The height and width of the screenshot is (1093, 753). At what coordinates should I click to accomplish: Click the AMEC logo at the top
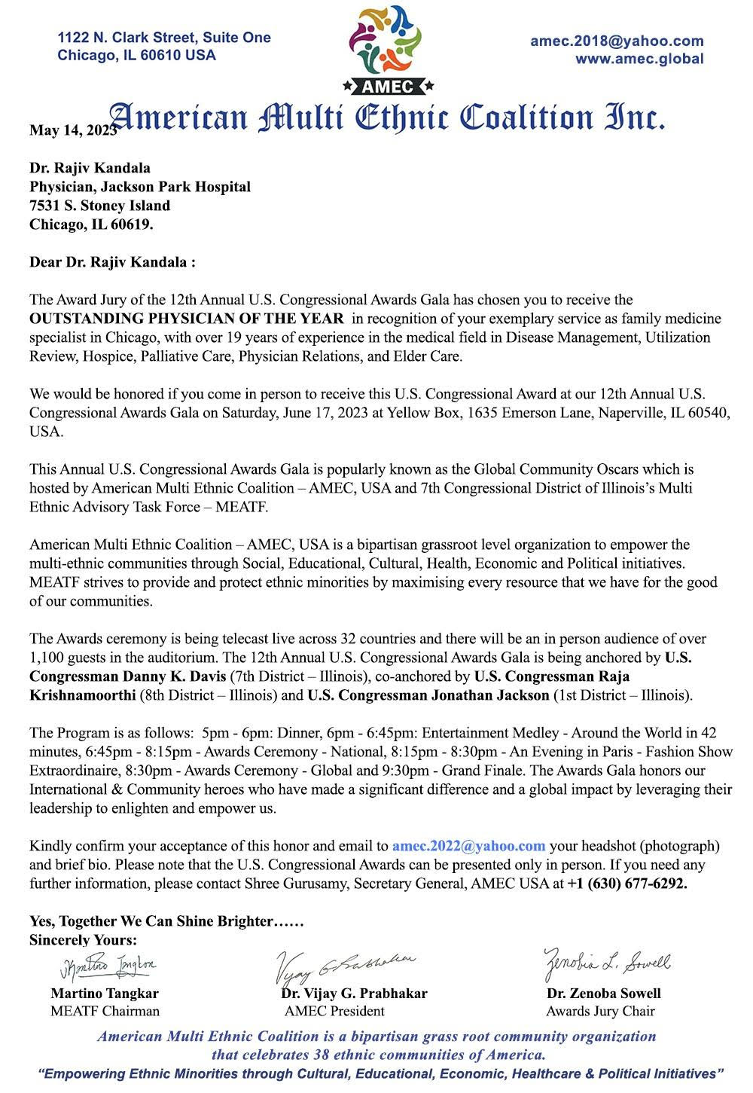[386, 48]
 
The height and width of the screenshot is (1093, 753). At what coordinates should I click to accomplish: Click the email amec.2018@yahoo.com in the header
[617, 41]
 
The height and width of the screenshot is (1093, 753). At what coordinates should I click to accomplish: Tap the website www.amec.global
[639, 59]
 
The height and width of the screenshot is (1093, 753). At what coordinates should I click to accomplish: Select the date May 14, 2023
[72, 130]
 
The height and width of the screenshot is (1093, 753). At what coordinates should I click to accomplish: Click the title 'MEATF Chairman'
[105, 1011]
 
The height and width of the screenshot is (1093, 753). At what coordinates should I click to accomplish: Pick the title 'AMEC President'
[334, 1011]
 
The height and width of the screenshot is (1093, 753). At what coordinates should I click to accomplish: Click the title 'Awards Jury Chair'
[600, 1011]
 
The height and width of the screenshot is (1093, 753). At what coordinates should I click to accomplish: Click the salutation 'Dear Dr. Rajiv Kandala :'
[112, 263]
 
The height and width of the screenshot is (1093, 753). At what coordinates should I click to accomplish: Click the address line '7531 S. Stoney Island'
[99, 206]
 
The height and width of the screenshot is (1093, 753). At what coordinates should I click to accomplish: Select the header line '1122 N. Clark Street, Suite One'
[164, 38]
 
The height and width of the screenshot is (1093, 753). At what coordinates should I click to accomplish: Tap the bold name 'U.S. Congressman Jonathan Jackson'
[428, 695]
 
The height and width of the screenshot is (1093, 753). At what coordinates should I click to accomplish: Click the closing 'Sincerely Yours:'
[83, 940]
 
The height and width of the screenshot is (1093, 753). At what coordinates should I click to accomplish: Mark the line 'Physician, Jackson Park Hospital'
[140, 187]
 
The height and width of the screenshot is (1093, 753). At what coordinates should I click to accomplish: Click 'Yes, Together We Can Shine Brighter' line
[166, 921]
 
